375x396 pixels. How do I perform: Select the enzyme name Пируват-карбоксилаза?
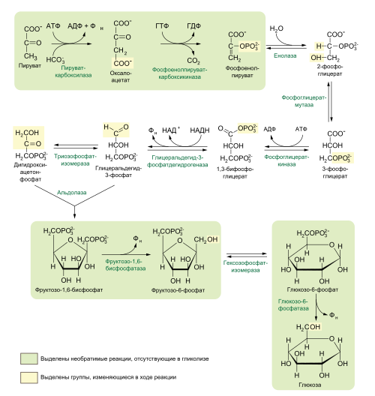[73, 72]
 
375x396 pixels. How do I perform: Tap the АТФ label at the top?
[53, 26]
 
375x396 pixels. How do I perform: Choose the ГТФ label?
[163, 26]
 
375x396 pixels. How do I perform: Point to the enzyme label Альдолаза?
[71, 193]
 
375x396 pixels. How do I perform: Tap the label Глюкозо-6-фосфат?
[314, 289]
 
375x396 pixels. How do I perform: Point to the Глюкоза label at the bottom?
[314, 379]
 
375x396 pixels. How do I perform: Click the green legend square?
[29, 358]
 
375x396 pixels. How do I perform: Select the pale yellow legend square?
[29, 376]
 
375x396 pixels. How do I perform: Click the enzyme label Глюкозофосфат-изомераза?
[245, 267]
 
